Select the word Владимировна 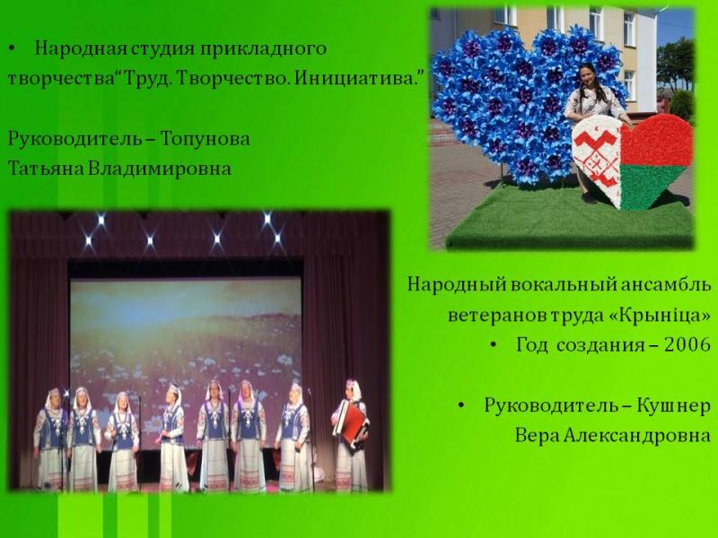click(x=159, y=169)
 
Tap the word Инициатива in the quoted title click(x=357, y=79)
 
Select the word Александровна click(x=637, y=436)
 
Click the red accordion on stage click(x=351, y=422)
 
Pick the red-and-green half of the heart click(x=655, y=161)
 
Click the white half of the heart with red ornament click(x=596, y=159)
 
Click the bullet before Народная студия click(x=13, y=48)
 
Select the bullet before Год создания click(x=493, y=345)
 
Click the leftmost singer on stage click(x=50, y=438)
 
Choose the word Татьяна click(x=46, y=169)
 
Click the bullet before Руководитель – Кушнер click(x=461, y=405)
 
